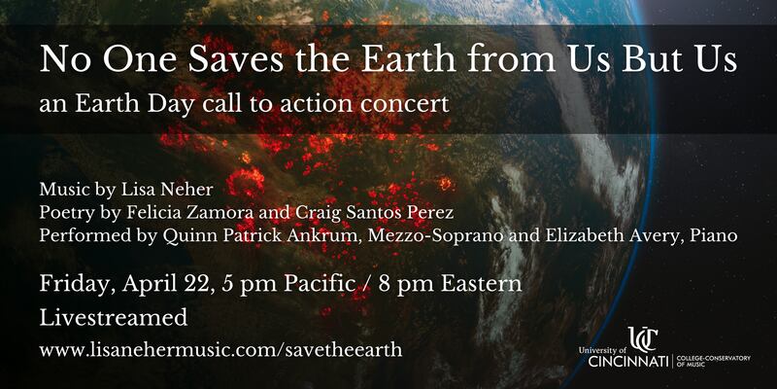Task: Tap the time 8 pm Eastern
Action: tap(450, 284)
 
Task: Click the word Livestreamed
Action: tap(114, 318)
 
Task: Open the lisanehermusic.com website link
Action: tap(221, 350)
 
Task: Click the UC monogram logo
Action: tap(643, 338)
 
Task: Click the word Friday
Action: tap(78, 284)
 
